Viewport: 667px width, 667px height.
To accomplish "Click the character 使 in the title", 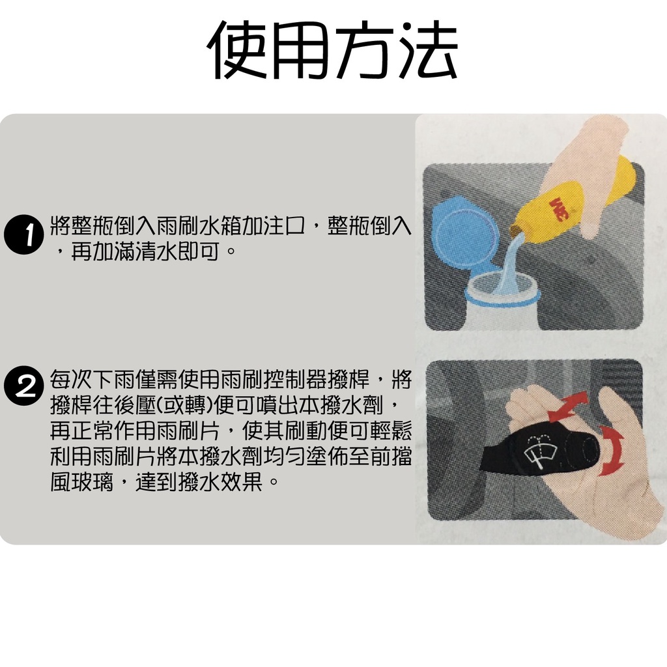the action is [x=238, y=50].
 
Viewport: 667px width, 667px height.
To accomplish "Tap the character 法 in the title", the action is [x=427, y=50].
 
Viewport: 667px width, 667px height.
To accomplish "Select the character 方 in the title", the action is [x=365, y=50].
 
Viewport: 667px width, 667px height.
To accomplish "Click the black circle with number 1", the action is [x=24, y=234].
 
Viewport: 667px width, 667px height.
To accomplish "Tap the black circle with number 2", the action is [x=24, y=386].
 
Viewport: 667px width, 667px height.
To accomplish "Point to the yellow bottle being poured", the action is [x=575, y=200].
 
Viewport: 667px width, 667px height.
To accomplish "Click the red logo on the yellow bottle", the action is [x=558, y=209].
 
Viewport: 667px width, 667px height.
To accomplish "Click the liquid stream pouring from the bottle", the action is [x=511, y=264].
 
